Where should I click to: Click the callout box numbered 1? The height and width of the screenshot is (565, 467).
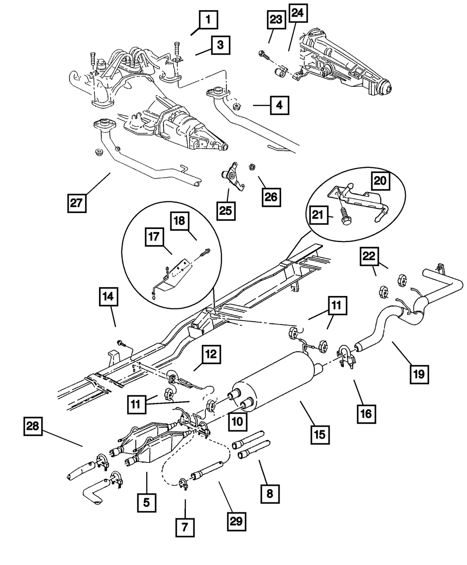tap(209, 20)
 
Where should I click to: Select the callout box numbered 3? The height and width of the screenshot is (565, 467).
tap(220, 45)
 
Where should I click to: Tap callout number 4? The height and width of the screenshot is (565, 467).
tap(278, 105)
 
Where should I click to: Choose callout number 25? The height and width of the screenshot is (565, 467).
tap(227, 210)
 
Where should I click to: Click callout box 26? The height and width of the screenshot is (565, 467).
tap(271, 197)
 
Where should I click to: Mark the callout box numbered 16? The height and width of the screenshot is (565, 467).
tap(367, 412)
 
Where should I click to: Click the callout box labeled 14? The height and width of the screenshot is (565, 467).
tap(109, 297)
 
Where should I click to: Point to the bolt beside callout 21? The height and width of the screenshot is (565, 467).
tap(345, 215)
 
